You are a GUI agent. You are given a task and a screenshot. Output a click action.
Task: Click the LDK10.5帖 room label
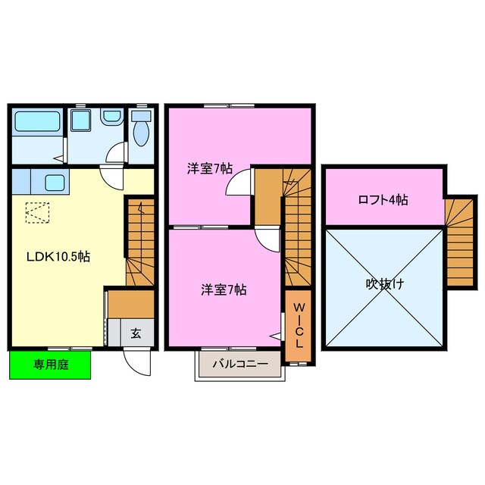tap(60, 257)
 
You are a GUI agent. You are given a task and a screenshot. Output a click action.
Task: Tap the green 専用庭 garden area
tap(50, 365)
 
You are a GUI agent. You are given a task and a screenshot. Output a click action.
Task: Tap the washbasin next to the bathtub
tap(111, 118)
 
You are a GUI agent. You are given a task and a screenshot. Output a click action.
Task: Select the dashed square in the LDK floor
tap(36, 213)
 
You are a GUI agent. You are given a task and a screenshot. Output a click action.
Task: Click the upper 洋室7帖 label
tap(210, 169)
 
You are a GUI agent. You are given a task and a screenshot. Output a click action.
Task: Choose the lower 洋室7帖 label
tap(223, 289)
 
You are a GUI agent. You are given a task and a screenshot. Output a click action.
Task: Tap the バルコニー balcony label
tap(239, 365)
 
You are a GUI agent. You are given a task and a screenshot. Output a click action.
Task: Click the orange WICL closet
tap(298, 327)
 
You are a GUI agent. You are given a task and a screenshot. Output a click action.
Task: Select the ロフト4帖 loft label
tap(383, 200)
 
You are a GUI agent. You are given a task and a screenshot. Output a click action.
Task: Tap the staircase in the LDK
tap(139, 242)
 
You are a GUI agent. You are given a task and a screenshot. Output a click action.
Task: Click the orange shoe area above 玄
tap(130, 303)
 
